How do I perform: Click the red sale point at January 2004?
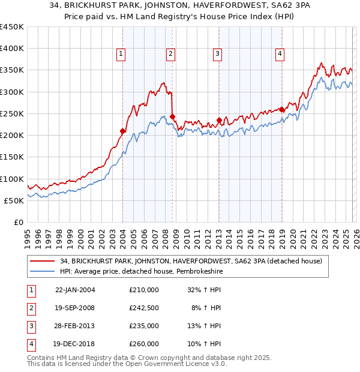122,131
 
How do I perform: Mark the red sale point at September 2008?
172,116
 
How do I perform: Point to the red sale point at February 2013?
219,120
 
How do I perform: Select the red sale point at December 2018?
281,109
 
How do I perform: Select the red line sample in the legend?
42,261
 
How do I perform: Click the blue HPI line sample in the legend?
42,271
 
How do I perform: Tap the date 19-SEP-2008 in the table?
74,308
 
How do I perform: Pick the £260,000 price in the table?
143,344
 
